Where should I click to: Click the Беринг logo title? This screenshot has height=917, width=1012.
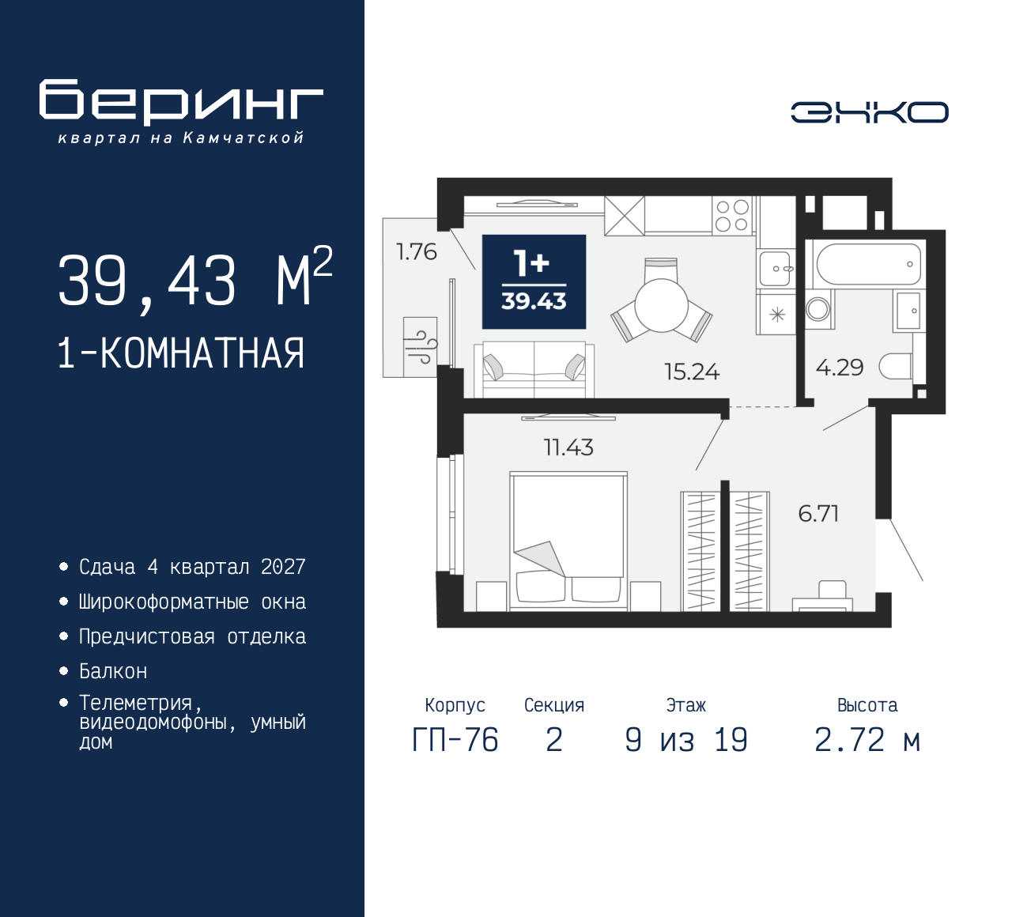(181, 102)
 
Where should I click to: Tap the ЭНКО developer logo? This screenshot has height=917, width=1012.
(869, 112)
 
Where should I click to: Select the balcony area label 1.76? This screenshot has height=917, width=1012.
(416, 251)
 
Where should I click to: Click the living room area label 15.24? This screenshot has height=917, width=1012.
(692, 372)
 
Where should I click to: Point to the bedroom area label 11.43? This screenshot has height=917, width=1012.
(568, 447)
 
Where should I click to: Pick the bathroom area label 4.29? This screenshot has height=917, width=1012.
(840, 368)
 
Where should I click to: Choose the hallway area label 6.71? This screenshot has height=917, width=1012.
(818, 514)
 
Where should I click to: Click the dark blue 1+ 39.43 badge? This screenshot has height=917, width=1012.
(534, 281)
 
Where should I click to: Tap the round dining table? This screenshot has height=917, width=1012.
(662, 305)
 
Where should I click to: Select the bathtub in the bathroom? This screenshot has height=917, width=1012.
(868, 265)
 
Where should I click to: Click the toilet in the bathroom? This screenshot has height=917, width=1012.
(897, 367)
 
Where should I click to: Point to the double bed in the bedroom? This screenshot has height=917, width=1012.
(568, 541)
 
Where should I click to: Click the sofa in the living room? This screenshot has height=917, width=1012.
(534, 370)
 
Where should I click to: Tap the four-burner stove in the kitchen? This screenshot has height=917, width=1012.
(731, 215)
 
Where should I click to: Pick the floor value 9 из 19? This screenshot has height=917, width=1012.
(685, 741)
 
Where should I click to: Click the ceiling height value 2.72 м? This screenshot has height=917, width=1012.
(867, 741)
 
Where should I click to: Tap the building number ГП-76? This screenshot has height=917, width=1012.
(455, 741)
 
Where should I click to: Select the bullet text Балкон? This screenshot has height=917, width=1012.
(113, 671)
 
